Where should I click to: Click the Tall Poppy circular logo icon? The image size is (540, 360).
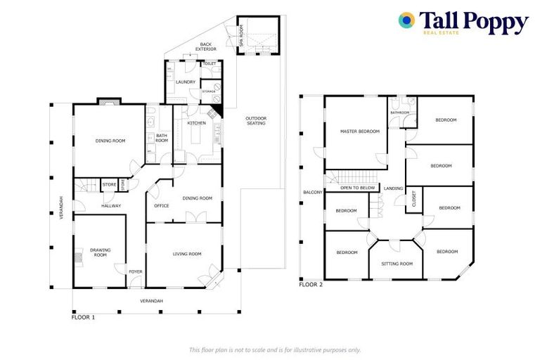pyautogui.click(x=406, y=21)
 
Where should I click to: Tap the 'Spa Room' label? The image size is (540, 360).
pyautogui.click(x=241, y=35)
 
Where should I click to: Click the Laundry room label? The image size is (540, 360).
pyautogui.click(x=186, y=82)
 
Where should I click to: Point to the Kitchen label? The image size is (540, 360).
pyautogui.click(x=196, y=123)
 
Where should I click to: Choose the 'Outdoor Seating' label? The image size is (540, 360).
pyautogui.click(x=255, y=120)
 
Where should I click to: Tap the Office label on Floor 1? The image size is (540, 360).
pyautogui.click(x=162, y=206)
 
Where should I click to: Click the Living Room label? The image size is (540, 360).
pyautogui.click(x=187, y=254)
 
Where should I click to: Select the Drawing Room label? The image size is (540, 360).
pyautogui.click(x=99, y=252)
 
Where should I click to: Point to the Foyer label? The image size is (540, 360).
pyautogui.click(x=135, y=271)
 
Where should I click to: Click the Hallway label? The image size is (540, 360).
pyautogui.click(x=111, y=206)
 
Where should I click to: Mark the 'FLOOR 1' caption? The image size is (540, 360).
pyautogui.click(x=83, y=317)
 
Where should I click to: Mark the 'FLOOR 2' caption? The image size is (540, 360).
pyautogui.click(x=311, y=285)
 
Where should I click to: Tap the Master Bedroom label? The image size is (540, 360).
pyautogui.click(x=359, y=131)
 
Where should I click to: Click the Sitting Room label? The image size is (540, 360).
pyautogui.click(x=397, y=264)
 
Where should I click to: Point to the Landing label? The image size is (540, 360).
pyautogui.click(x=393, y=188)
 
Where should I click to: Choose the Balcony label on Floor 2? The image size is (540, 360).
pyautogui.click(x=312, y=192)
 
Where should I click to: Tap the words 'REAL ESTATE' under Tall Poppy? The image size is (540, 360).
pyautogui.click(x=441, y=33)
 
